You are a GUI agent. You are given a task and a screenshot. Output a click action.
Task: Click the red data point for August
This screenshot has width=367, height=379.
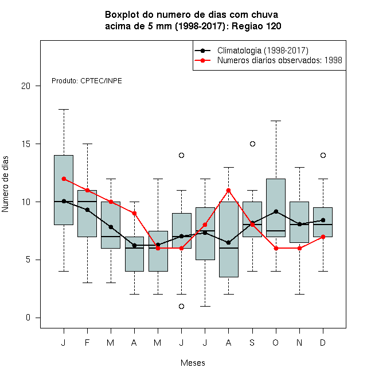228,191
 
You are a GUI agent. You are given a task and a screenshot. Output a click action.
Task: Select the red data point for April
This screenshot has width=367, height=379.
134,214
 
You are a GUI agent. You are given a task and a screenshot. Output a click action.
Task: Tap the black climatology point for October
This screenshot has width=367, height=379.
276,212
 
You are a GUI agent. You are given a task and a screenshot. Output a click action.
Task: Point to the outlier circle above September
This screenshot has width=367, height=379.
252,144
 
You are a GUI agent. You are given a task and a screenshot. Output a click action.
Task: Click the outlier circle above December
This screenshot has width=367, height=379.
323,155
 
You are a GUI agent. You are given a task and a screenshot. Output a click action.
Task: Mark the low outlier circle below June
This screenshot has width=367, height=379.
182,306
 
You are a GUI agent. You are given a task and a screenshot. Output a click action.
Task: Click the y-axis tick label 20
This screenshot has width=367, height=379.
26,86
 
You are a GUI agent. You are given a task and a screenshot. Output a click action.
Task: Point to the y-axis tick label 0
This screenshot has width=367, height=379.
28,318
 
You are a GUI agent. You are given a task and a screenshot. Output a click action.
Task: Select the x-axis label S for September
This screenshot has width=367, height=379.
252,342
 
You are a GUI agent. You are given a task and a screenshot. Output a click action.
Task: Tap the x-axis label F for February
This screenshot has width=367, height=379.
87,342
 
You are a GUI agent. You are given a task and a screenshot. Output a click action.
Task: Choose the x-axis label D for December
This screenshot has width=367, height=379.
323,342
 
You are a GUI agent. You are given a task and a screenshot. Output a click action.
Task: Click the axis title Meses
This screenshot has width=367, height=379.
193,363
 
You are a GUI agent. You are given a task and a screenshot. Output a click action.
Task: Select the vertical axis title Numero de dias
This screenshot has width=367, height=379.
5,184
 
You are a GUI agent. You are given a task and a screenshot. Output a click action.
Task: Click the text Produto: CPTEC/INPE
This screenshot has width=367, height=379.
87,81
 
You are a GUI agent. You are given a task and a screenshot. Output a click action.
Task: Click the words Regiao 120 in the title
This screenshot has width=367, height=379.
256,26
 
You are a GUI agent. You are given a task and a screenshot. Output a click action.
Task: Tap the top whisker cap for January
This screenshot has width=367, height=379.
64,109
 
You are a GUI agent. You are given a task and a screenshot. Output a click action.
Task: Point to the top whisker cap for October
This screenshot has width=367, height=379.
276,121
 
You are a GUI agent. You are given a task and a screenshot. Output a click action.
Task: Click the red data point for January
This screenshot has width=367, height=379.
64,179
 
